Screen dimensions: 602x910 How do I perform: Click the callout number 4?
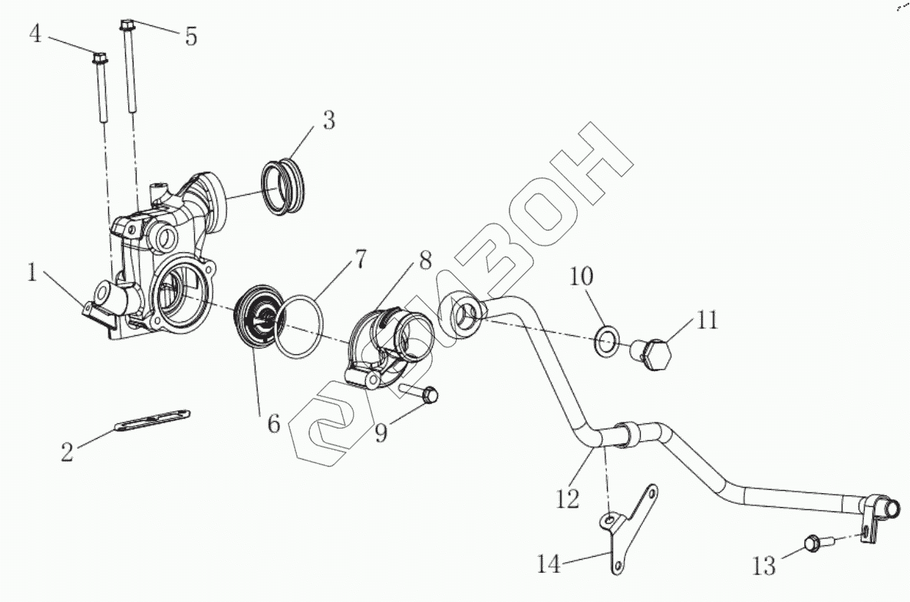pos(35,34)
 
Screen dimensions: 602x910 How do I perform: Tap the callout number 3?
pos(328,120)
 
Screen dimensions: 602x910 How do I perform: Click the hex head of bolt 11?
pos(657,355)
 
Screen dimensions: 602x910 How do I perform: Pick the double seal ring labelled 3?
pos(283,186)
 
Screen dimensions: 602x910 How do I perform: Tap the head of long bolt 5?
pos(127,25)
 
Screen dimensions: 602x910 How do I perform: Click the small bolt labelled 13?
pos(816,544)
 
